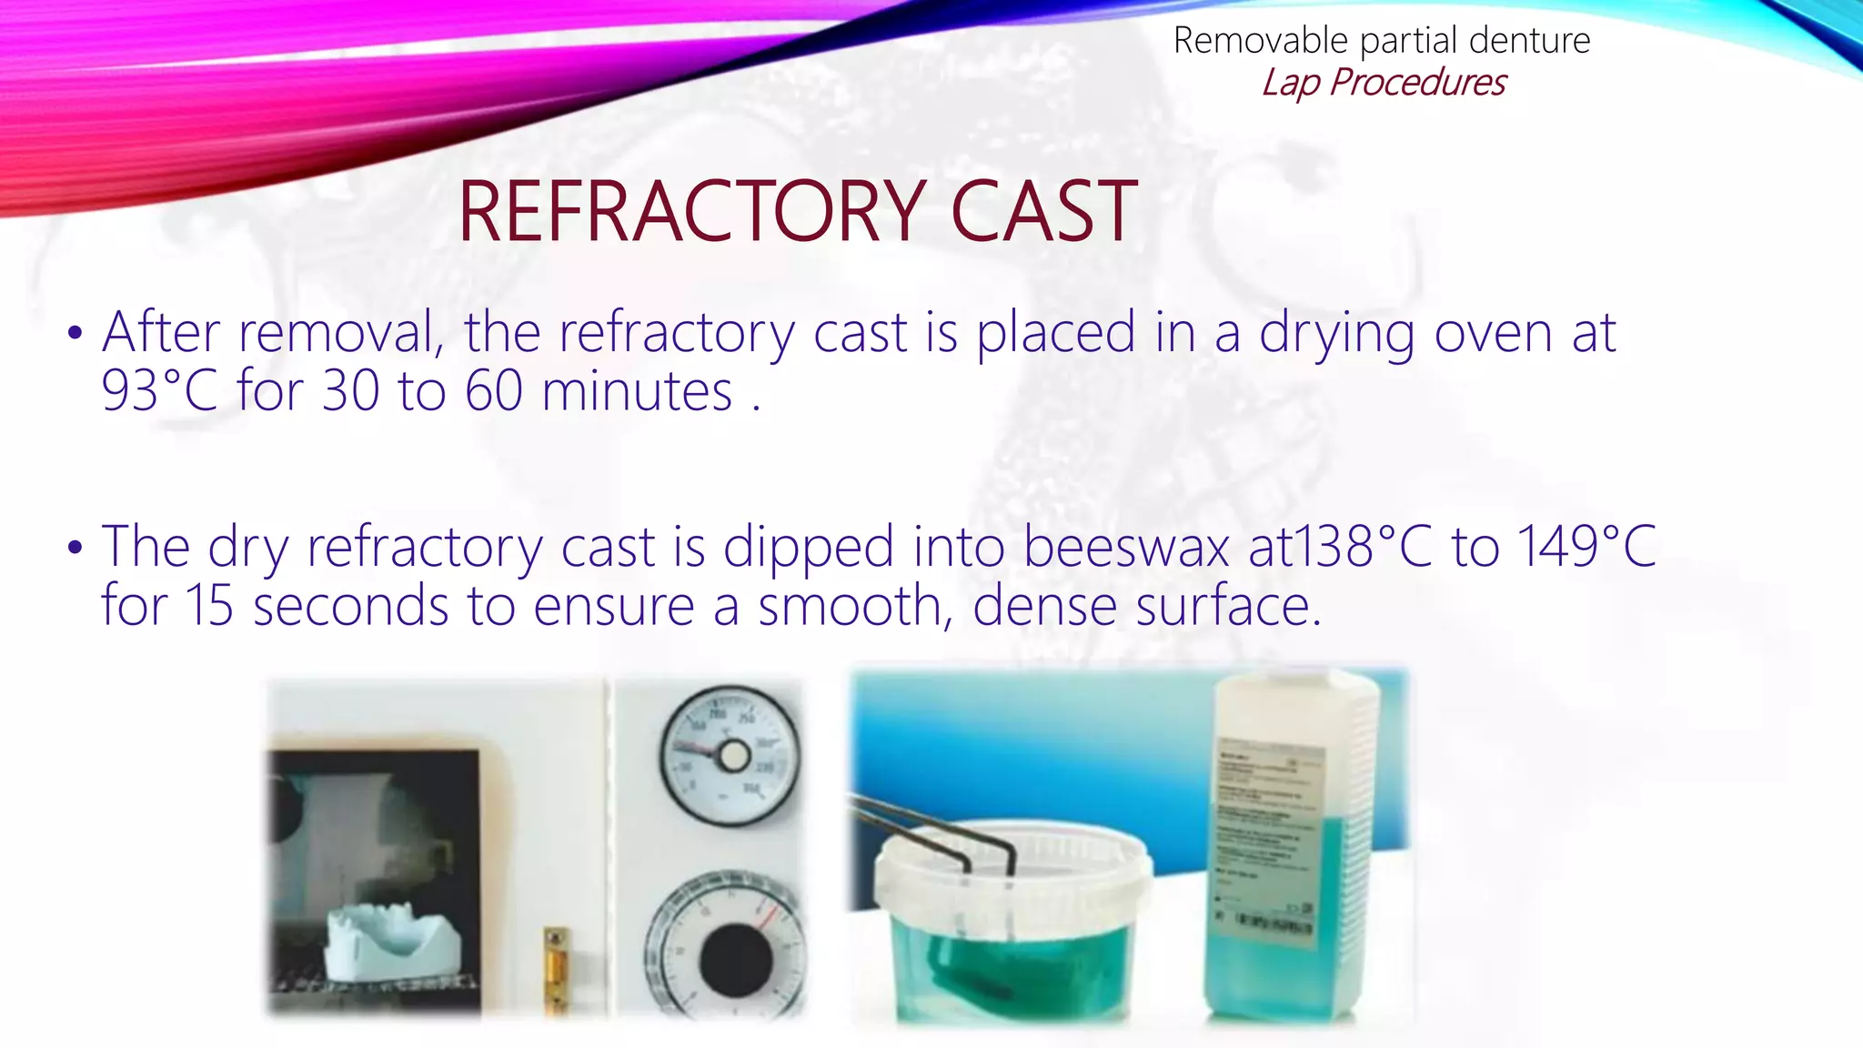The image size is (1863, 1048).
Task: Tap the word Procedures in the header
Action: click(1417, 82)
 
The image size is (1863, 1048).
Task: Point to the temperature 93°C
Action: click(159, 391)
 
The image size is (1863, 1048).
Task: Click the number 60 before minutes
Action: click(494, 391)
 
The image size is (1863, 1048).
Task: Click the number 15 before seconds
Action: click(209, 606)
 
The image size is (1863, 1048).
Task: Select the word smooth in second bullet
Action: click(850, 606)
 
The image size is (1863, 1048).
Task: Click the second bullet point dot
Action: click(76, 547)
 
